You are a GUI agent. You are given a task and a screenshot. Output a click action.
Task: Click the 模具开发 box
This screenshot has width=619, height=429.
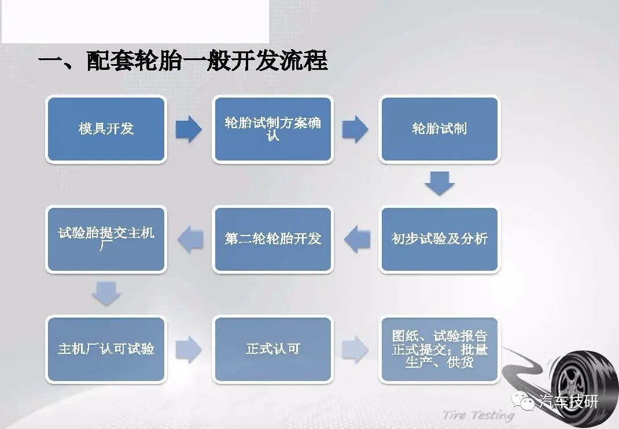(106, 129)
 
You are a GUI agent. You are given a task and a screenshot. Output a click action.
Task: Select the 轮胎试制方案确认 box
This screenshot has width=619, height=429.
(273, 129)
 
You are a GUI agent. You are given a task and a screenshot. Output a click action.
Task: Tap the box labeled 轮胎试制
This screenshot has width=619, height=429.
(440, 129)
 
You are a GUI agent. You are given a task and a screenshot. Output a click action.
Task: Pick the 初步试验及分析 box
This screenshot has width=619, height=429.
(440, 239)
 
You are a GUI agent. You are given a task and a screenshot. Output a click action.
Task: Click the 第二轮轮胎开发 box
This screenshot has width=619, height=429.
(273, 239)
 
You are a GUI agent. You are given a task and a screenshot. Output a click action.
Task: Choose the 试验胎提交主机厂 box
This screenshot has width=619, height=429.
(106, 239)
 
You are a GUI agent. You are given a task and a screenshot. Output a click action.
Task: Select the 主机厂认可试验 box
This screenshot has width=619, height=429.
(106, 349)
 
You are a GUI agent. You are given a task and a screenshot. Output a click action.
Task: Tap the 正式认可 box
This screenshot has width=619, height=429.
(273, 349)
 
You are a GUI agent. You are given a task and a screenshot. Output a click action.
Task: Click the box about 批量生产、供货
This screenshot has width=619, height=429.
(440, 349)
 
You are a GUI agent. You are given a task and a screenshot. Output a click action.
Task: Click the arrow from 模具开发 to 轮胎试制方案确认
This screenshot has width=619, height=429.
(189, 129)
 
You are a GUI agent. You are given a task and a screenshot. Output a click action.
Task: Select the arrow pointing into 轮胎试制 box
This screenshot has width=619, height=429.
(355, 129)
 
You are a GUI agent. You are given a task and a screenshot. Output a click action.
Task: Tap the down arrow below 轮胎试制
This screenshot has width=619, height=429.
(440, 184)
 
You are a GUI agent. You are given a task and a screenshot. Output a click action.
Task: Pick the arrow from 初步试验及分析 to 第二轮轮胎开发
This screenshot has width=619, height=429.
(358, 239)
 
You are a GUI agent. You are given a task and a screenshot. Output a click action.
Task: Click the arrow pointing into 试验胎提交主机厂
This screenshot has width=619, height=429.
(191, 239)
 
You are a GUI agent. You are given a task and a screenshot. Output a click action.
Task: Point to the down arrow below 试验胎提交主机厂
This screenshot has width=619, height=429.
(106, 293)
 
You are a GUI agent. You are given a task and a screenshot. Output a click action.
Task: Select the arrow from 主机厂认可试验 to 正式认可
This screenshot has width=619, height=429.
(189, 349)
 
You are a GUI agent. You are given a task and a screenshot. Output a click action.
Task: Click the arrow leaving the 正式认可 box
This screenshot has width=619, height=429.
(355, 349)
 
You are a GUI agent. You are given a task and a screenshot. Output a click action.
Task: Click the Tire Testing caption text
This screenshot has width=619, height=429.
(478, 415)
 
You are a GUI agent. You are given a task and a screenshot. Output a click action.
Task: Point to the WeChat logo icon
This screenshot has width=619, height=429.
(523, 401)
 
